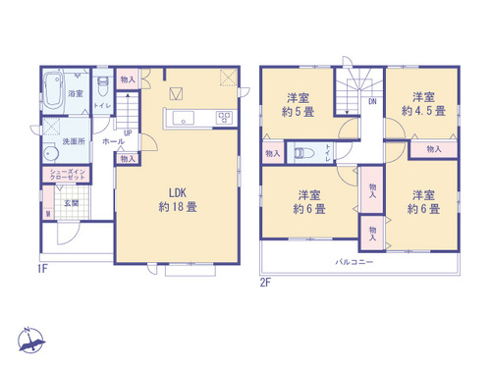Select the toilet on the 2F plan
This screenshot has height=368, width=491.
coord(304,153)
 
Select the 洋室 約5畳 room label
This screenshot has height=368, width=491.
coord(299,105)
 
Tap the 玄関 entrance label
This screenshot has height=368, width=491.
coord(72,203)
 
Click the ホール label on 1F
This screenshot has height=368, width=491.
coord(114,141)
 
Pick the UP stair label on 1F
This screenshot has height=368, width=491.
coord(128,132)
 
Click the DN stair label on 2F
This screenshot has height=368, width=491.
coord(371,100)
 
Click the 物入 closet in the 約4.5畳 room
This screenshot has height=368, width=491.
coord(434,148)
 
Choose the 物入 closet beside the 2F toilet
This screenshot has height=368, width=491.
coord(272,153)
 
